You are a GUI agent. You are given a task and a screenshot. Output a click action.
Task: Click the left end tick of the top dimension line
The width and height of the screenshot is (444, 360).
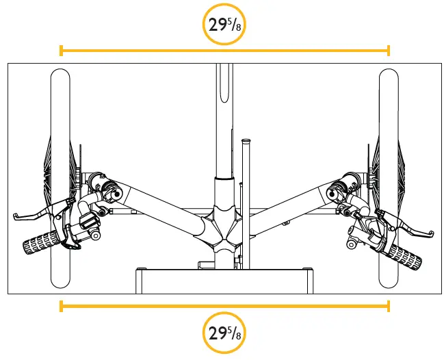pos(61,50)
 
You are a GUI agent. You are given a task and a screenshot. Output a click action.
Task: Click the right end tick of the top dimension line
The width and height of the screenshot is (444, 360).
pos(389,50)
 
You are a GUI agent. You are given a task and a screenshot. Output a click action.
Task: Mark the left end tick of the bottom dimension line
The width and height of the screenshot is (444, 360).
pos(61,305)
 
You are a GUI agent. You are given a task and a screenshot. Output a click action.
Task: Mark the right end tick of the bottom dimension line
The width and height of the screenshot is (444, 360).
pos(389,305)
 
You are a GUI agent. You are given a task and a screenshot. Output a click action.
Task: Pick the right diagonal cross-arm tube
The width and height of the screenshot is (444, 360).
pos(291,205)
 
